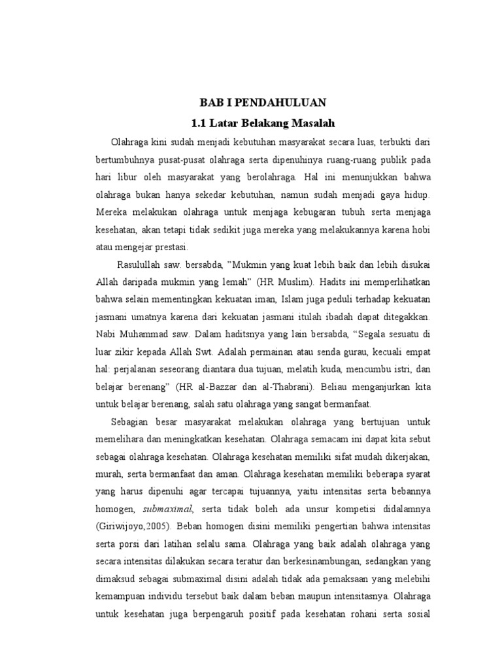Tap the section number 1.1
click(x=198, y=122)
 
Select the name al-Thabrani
click(x=307, y=389)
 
